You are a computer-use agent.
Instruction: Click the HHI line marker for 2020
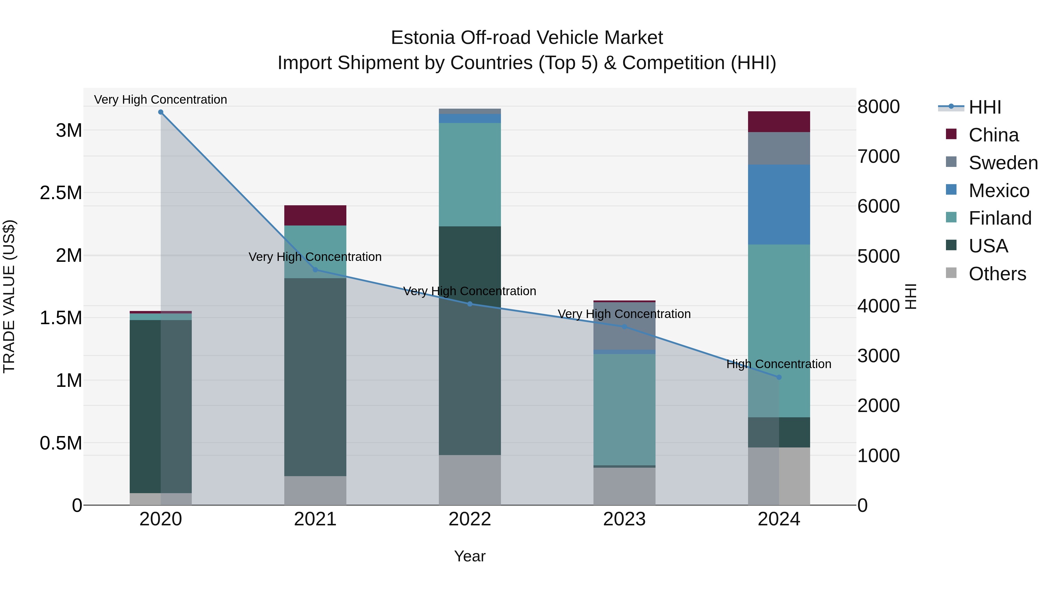coord(160,112)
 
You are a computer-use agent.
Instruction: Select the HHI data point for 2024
coord(778,377)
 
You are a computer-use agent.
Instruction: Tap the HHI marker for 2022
coord(470,304)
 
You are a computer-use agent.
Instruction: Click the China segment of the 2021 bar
coord(315,215)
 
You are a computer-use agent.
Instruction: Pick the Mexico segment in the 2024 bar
coord(778,205)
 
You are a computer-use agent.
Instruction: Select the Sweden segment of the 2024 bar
coord(778,148)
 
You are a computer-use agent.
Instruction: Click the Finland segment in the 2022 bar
coord(470,175)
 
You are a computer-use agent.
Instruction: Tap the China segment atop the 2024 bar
coord(778,122)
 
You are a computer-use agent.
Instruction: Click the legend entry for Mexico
coord(998,191)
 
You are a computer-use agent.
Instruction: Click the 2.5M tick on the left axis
coord(61,193)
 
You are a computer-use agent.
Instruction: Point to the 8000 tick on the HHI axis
coord(878,107)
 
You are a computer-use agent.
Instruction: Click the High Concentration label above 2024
coord(778,364)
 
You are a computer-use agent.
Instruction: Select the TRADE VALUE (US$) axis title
coord(9,296)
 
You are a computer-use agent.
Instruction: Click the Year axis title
coord(470,556)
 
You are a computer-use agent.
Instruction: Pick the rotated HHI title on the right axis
coord(911,296)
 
